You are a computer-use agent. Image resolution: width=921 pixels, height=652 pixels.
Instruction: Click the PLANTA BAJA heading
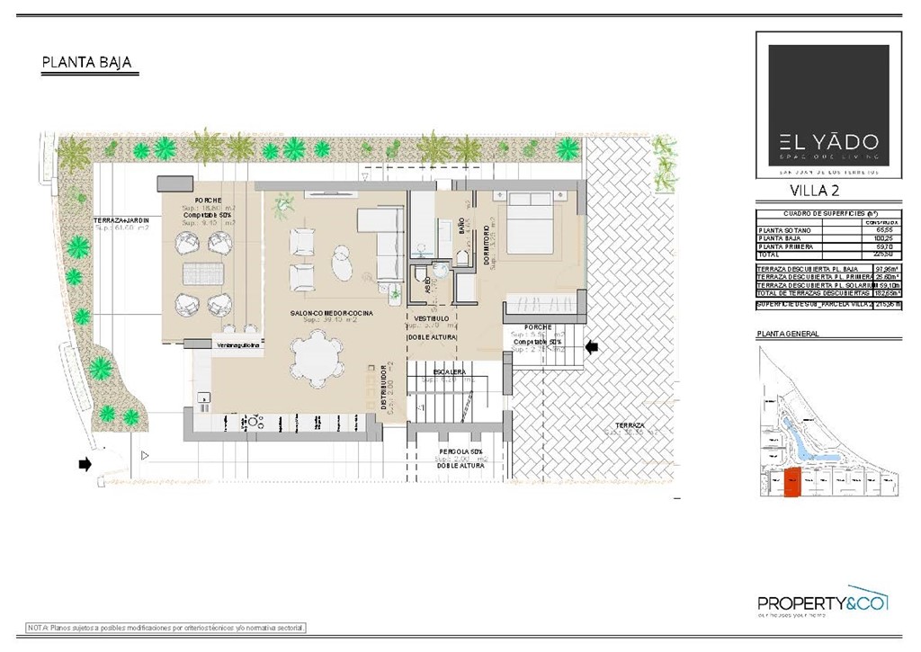click(87, 62)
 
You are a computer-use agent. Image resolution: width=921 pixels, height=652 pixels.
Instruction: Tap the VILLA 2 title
click(816, 190)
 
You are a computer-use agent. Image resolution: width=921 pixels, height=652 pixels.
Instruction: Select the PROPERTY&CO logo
click(822, 603)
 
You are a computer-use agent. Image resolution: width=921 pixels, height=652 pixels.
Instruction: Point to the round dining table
click(318, 355)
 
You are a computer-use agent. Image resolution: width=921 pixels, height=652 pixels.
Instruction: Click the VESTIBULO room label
click(431, 318)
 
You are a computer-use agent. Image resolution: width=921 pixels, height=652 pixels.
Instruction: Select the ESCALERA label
click(449, 371)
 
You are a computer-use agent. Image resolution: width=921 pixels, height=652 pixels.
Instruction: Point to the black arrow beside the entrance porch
click(592, 346)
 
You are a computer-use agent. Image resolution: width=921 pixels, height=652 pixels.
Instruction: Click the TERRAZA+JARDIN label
click(121, 220)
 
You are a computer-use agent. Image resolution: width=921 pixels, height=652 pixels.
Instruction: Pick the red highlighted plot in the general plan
click(791, 484)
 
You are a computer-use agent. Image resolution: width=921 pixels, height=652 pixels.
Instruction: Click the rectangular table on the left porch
click(202, 273)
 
